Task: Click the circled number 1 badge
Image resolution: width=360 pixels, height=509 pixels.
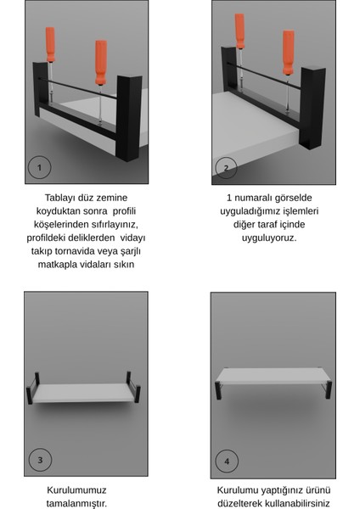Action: tap(39, 167)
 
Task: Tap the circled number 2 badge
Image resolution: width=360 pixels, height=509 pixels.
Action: tap(226, 167)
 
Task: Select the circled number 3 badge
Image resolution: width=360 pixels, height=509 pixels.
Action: tap(39, 460)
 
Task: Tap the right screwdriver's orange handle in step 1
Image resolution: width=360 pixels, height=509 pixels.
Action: tap(101, 63)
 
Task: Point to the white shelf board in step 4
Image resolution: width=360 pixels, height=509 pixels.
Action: tap(273, 376)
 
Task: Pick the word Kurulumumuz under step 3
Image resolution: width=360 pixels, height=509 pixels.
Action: tap(77, 490)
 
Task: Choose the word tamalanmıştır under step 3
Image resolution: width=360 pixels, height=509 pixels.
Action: tap(77, 504)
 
